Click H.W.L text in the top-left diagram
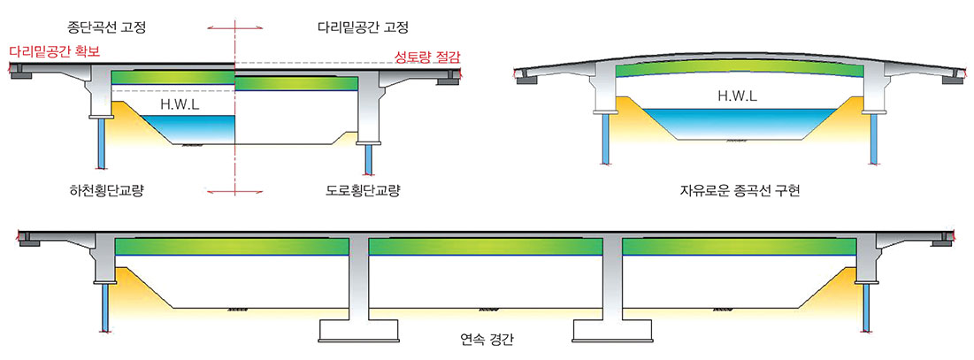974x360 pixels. click(x=180, y=104)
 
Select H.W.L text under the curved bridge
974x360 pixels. click(x=736, y=96)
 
